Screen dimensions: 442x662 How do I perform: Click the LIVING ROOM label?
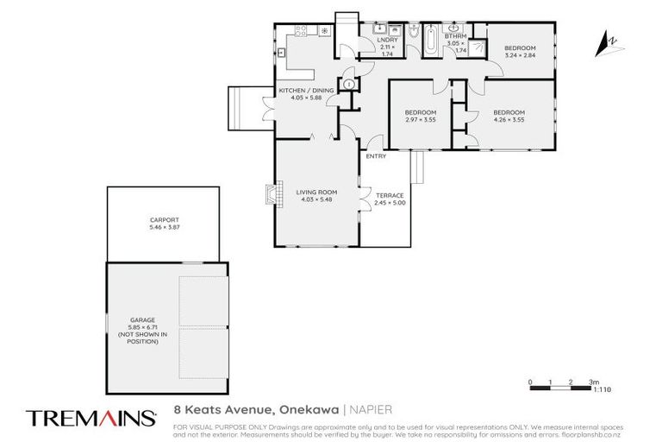pyautogui.click(x=315, y=192)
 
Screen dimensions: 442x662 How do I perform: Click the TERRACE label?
pyautogui.click(x=390, y=195)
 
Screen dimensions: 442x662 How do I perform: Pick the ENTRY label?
pyautogui.click(x=376, y=156)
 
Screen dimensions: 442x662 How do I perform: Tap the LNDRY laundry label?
pyautogui.click(x=385, y=39)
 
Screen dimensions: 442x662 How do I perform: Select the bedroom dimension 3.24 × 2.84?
pyautogui.click(x=520, y=54)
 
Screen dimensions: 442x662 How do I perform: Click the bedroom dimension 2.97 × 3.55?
pyautogui.click(x=421, y=119)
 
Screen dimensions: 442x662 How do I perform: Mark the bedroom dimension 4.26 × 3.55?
pyautogui.click(x=509, y=119)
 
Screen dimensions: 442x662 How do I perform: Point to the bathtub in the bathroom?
pyautogui.click(x=430, y=40)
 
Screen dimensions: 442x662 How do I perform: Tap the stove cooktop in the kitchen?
pyautogui.click(x=303, y=31)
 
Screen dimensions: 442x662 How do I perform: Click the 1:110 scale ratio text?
pyautogui.click(x=603, y=390)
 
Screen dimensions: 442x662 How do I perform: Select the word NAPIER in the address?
pyautogui.click(x=373, y=410)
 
